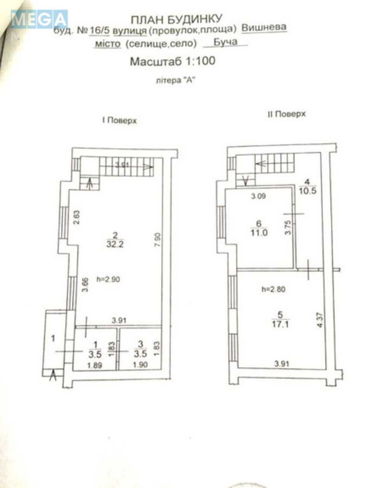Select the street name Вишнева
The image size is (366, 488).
(x=264, y=27)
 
